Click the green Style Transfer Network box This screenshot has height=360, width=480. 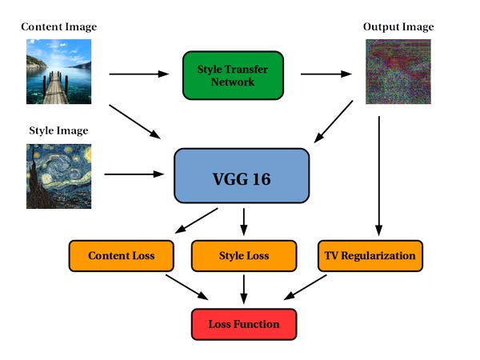[233, 75]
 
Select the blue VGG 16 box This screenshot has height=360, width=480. [242, 175]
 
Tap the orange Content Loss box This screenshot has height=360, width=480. [122, 255]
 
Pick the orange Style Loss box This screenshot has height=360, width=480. [244, 255]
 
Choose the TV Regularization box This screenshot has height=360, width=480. [370, 255]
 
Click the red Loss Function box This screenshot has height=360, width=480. [244, 324]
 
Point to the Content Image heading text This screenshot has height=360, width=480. [58, 27]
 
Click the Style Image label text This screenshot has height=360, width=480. [58, 130]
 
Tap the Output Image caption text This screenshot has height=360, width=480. [398, 27]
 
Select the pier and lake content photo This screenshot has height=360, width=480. [58, 73]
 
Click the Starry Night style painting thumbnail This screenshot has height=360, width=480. [58, 176]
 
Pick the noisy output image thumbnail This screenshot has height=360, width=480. [392, 73]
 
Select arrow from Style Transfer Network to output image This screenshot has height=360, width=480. [326, 74]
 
